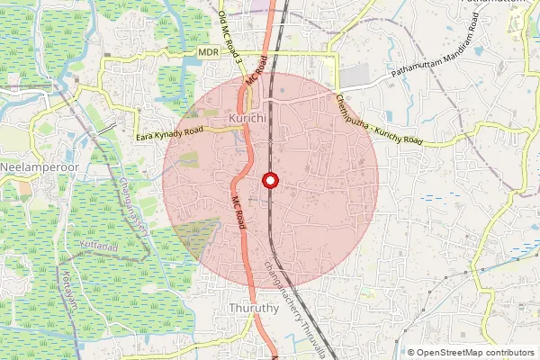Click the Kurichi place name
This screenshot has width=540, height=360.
pyautogui.click(x=247, y=119)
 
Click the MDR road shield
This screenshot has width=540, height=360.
pyautogui.click(x=209, y=54)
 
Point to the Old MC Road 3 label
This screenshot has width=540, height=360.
pyautogui.click(x=230, y=37)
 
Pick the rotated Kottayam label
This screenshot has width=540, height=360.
pyautogui.click(x=66, y=286)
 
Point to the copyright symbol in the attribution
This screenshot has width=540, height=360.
pyautogui.click(x=411, y=353)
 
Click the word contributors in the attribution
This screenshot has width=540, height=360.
pyautogui.click(x=510, y=353)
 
